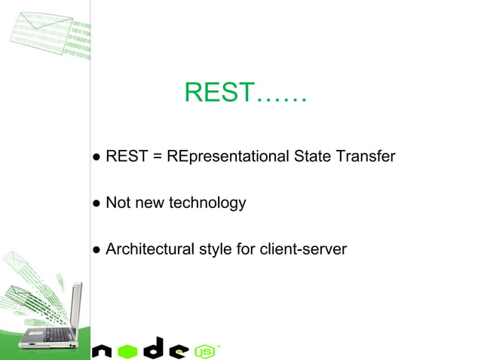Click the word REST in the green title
pos(218,93)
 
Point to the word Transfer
pos(366,157)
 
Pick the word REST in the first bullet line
pos(126,157)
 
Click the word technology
pos(207,203)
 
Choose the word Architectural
pos(149,249)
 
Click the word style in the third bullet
pos(215,249)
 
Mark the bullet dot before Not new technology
pos(97,203)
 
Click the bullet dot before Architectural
pos(97,249)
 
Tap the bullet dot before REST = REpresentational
pos(97,157)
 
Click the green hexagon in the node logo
pos(127,350)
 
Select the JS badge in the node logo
pos(204,351)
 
